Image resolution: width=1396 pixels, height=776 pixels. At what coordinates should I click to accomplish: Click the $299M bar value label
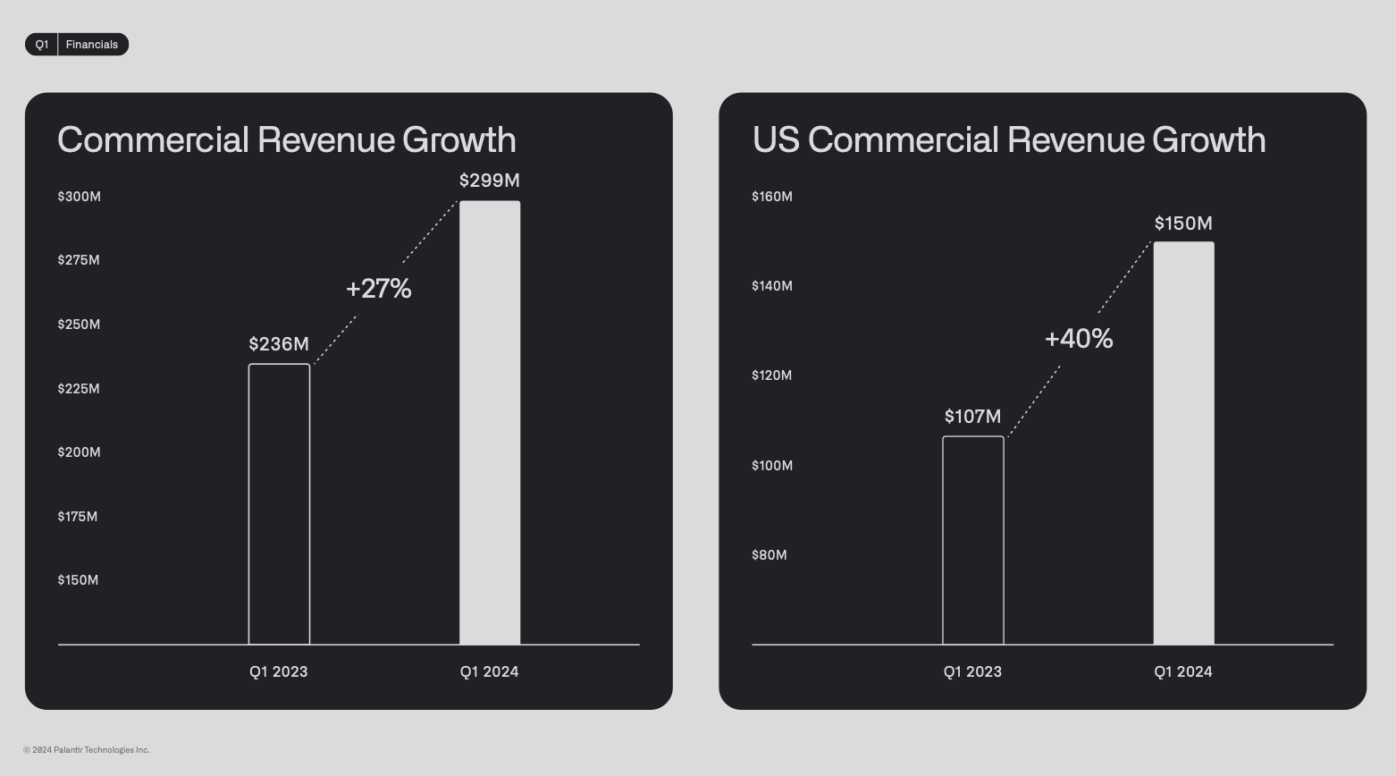(x=489, y=181)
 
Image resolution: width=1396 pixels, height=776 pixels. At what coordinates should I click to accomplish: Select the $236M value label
(x=279, y=344)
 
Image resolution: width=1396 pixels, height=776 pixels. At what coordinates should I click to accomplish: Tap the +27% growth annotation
(x=378, y=289)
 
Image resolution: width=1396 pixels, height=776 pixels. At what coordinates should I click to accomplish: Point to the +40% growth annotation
(x=1079, y=339)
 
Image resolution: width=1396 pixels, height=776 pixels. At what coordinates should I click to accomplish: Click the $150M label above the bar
(x=1183, y=224)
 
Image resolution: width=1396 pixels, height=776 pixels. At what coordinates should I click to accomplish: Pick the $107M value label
(x=972, y=417)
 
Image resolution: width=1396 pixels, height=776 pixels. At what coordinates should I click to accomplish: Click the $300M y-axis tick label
(x=79, y=197)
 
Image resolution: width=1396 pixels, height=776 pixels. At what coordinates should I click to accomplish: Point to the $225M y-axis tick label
(x=79, y=389)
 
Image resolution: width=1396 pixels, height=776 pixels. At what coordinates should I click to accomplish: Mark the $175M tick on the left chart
(x=78, y=517)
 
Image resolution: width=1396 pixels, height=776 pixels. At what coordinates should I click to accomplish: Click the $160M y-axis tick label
(x=772, y=197)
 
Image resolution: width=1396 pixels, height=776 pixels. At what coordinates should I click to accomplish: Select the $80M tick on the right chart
(x=769, y=555)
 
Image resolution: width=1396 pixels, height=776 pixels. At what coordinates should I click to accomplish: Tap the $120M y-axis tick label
(x=772, y=375)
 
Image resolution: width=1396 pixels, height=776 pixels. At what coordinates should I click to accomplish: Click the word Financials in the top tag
(x=92, y=45)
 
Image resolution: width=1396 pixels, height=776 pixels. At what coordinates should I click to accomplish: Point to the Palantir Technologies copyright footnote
(x=87, y=750)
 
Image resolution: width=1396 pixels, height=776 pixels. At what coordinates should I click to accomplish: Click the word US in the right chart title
(x=776, y=140)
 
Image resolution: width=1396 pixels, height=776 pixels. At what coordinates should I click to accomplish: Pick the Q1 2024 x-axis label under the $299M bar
(x=489, y=672)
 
